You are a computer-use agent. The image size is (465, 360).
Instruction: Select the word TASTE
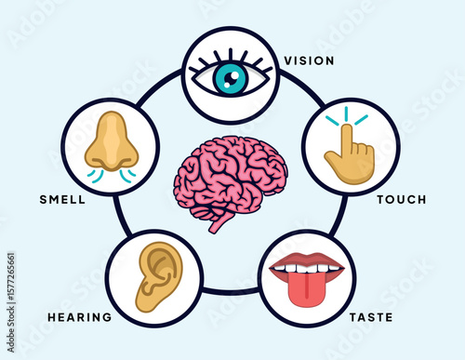369,317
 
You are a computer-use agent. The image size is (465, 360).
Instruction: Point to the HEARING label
79,317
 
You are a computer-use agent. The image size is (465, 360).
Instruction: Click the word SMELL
63,200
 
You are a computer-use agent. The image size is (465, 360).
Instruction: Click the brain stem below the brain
219,221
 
